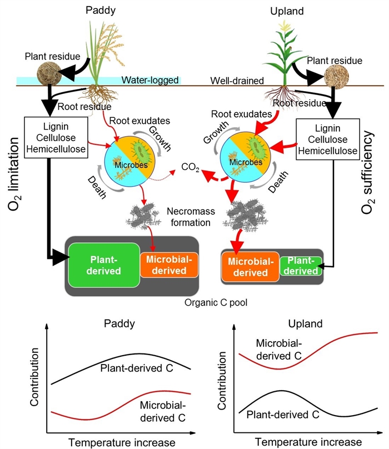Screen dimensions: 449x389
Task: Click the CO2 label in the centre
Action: pos(192,167)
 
